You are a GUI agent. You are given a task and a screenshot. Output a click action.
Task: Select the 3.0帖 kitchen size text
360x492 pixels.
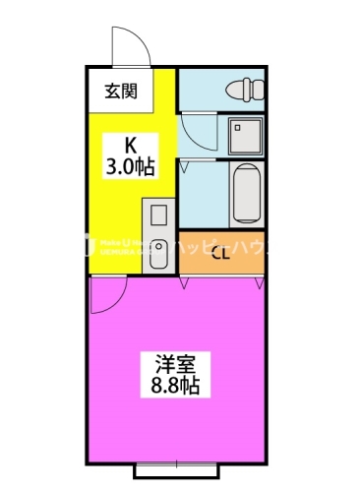pyautogui.click(x=129, y=166)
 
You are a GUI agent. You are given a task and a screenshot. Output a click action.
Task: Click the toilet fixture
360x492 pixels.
pyautogui.click(x=245, y=91)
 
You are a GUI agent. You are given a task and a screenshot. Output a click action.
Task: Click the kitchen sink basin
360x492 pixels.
pyautogui.click(x=157, y=215)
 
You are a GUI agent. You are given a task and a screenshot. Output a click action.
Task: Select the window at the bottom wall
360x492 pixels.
pyautogui.click(x=178, y=470)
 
